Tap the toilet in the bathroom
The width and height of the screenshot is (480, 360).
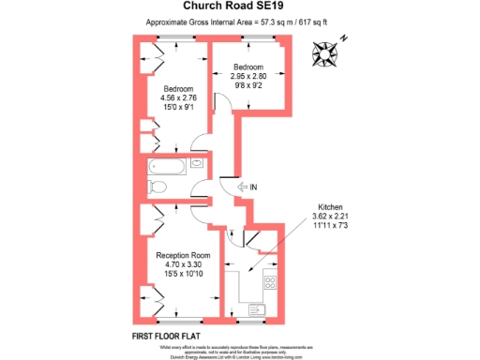[157, 188]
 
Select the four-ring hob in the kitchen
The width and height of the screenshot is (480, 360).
[270, 281]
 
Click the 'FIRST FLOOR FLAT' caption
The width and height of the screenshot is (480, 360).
[164, 336]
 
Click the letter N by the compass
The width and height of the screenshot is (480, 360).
[344, 37]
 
